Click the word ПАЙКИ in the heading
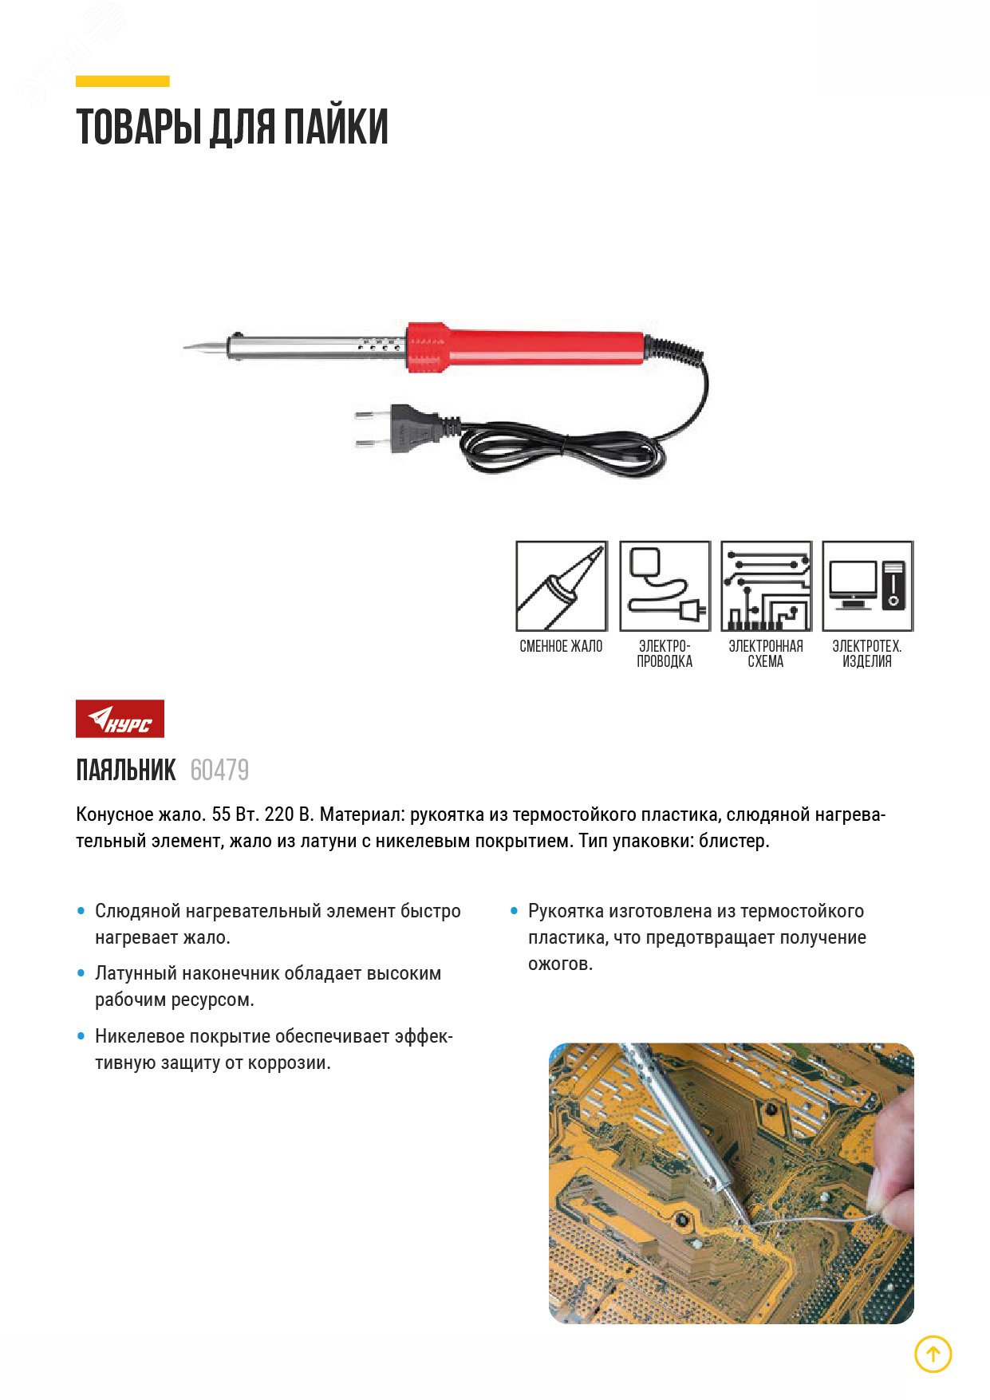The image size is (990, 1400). coord(336,128)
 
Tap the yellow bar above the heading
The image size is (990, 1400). coord(122,81)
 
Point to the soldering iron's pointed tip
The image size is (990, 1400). coord(188,348)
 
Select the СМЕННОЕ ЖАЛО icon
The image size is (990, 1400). coord(561,586)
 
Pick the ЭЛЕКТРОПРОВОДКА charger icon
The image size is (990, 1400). coord(665,586)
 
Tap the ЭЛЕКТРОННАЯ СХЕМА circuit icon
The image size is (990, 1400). coord(766,586)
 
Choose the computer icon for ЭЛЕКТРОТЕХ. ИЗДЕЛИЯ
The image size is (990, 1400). coord(867,586)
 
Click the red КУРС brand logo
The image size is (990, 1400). coord(120,719)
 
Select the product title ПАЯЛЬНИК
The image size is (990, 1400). coord(126,771)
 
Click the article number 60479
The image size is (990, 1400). coord(219,771)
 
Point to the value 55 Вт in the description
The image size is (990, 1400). coord(231,814)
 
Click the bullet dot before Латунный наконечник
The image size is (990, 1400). coord(81,973)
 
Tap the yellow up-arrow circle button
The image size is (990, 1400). coord(933,1354)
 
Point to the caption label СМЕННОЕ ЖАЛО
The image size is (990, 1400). coord(561,646)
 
